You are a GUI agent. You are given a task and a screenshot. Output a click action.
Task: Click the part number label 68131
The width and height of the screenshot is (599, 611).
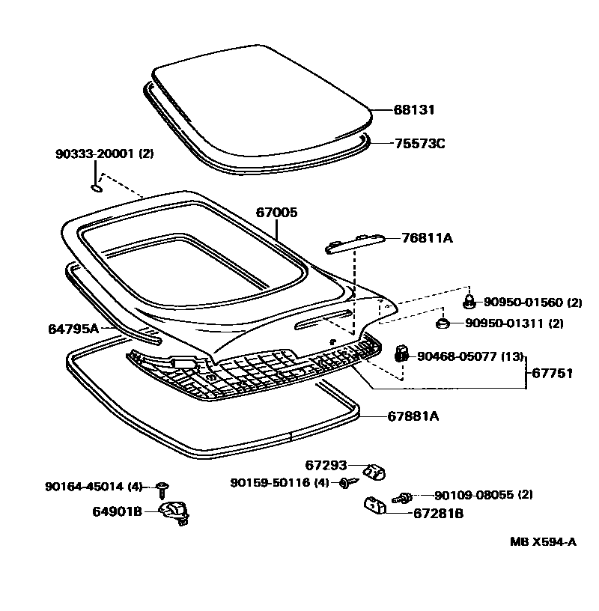pos(414,110)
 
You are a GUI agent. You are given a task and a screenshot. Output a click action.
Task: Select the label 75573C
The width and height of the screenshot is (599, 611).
pos(419,143)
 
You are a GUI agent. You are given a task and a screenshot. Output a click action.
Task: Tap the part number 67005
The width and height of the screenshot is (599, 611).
pos(277,213)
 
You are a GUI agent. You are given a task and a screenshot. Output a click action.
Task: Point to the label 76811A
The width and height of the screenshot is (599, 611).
pos(427,238)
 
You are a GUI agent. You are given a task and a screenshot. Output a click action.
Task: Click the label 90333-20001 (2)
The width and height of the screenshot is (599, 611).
pos(104,154)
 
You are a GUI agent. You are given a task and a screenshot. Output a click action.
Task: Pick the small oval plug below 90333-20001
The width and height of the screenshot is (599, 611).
pos(97,188)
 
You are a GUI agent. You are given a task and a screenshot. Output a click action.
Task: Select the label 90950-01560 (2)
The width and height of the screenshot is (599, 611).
pos(532,303)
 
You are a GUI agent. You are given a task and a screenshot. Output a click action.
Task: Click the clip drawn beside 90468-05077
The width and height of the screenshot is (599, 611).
pos(401,353)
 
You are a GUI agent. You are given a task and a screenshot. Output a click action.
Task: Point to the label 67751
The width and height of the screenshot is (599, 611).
pos(552,373)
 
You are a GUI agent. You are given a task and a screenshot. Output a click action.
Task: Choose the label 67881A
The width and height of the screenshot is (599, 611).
pos(413,416)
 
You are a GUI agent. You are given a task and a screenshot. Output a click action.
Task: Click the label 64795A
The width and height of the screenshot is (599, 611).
pos(74,328)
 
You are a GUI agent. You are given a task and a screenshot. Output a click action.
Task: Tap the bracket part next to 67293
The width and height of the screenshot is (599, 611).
pos(373,472)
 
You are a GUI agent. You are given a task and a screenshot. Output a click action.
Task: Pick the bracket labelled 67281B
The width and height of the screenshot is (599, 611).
pos(374,506)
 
